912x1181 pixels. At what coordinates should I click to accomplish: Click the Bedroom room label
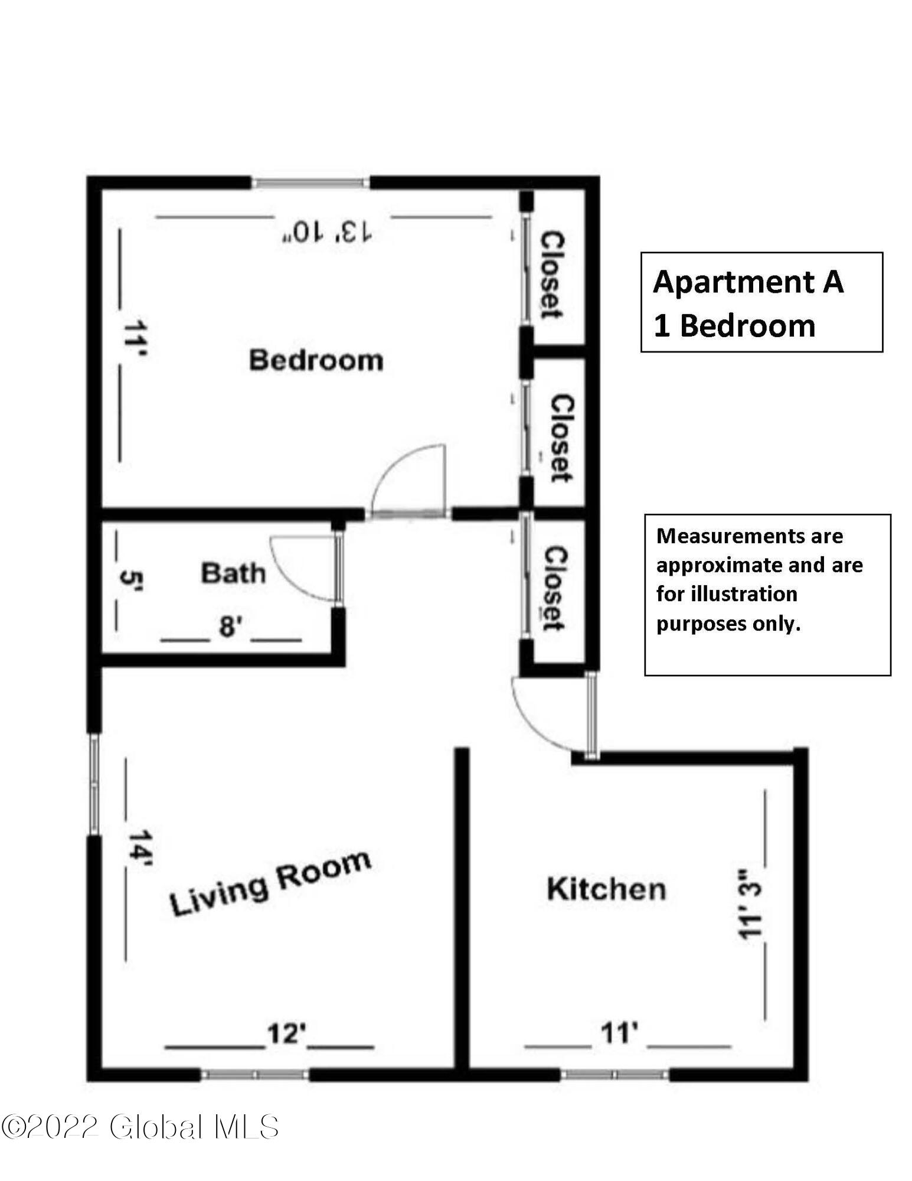click(x=316, y=360)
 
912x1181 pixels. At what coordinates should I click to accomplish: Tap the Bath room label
click(x=233, y=573)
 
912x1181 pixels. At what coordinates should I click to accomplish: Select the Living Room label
click(x=271, y=884)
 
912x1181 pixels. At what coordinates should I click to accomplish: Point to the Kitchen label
click(x=606, y=889)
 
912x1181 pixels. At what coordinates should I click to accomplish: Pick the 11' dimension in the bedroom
click(x=135, y=341)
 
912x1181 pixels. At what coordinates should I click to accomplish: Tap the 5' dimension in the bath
click(x=129, y=583)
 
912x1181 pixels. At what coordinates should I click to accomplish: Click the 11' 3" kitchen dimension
click(x=750, y=904)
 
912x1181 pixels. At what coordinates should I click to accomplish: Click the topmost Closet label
click(x=553, y=275)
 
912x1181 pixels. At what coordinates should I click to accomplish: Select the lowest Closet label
click(x=555, y=588)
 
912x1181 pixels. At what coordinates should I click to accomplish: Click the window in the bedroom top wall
click(x=311, y=183)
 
